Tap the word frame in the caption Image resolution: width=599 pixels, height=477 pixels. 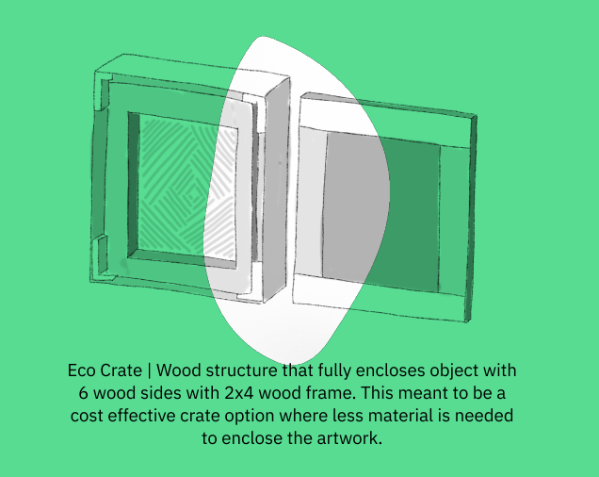tap(346, 393)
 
